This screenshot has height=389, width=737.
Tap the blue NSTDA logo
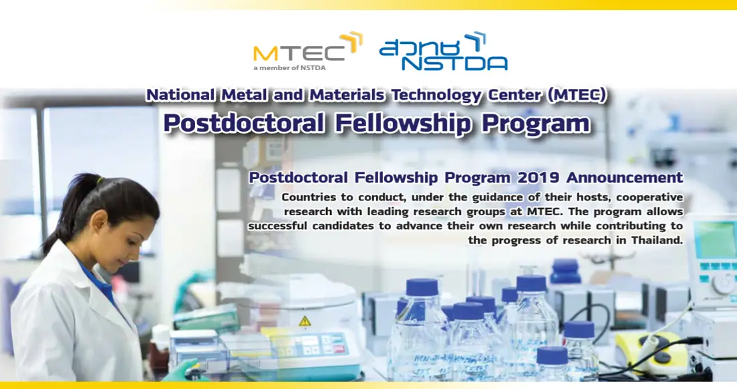(x=443, y=52)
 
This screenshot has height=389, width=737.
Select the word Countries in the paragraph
(x=311, y=197)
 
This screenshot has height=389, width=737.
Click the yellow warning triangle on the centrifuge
(x=305, y=320)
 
